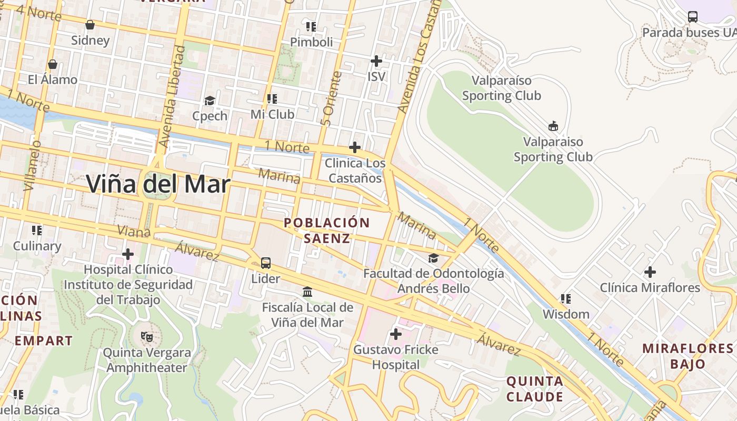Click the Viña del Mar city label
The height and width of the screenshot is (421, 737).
(x=158, y=184)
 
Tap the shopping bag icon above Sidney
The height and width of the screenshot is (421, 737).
(x=90, y=25)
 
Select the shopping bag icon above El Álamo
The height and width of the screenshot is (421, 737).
(x=52, y=64)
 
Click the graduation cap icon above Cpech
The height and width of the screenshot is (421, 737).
(x=210, y=101)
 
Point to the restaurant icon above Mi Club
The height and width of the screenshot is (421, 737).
(x=272, y=99)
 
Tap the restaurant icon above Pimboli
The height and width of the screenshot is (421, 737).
(x=311, y=26)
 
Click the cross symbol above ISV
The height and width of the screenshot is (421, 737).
(x=376, y=61)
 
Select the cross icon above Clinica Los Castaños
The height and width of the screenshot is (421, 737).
(x=355, y=147)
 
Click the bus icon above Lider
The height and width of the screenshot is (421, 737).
(x=266, y=263)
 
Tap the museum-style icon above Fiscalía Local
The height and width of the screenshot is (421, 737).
(x=307, y=292)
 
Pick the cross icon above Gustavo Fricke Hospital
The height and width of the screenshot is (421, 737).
(x=395, y=334)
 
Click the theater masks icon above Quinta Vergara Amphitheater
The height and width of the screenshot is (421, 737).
(x=146, y=336)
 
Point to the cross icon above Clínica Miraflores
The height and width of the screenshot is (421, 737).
(x=650, y=272)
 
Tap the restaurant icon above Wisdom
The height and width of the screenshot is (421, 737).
(x=566, y=299)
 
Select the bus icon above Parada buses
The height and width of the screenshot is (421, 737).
(x=693, y=17)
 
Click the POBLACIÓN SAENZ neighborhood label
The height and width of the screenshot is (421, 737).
(x=327, y=230)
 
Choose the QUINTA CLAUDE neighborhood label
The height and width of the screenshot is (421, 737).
(x=535, y=389)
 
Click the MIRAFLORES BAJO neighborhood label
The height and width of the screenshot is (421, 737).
(x=688, y=356)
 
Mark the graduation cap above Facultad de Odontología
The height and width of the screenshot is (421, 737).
(x=433, y=258)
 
